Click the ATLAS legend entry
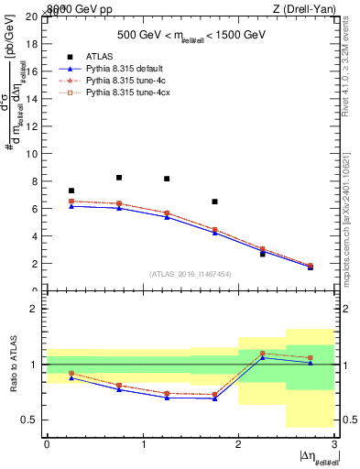98,56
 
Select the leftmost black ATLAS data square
71,191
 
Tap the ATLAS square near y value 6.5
214,202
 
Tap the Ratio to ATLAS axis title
12,365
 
